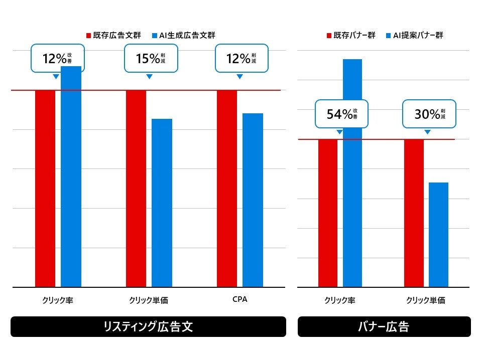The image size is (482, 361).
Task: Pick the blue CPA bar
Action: pyautogui.click(x=253, y=200)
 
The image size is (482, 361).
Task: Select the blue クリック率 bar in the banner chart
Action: pyautogui.click(x=352, y=201)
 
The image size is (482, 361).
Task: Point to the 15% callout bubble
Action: pyautogui.click(x=149, y=59)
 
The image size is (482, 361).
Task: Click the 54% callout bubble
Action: pyautogui.click(x=340, y=114)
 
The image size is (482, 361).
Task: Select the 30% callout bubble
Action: pyautogui.click(x=429, y=114)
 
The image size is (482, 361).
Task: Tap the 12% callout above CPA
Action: pyautogui.click(x=241, y=59)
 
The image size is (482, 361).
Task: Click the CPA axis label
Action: pyautogui.click(x=240, y=299)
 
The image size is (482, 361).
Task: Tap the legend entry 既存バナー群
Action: pyautogui.click(x=351, y=36)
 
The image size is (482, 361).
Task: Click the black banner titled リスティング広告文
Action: pyautogui.click(x=148, y=327)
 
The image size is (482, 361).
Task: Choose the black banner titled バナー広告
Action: pyautogui.click(x=384, y=327)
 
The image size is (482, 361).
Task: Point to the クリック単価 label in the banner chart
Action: pyautogui.click(x=426, y=300)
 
